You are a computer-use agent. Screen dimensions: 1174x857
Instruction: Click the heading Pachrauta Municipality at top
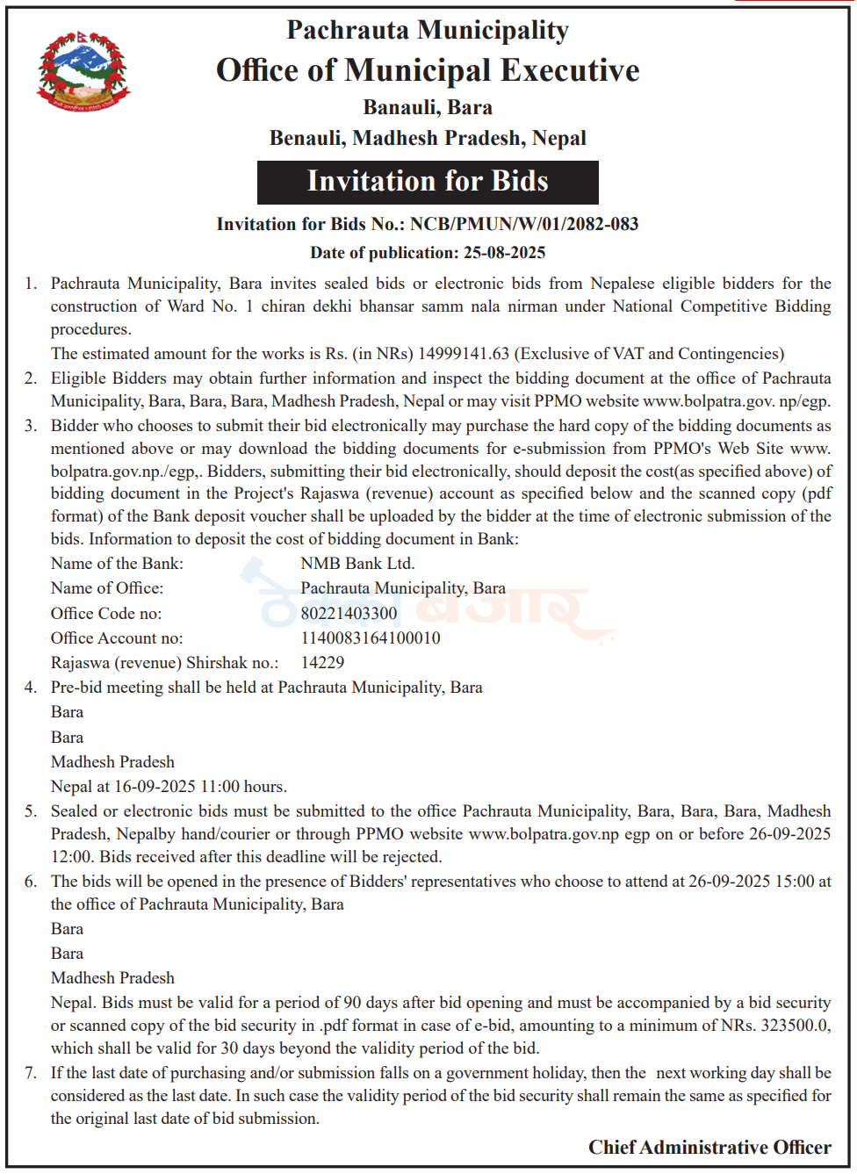[x=428, y=31]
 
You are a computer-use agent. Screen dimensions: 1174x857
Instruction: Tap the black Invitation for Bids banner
[x=428, y=182]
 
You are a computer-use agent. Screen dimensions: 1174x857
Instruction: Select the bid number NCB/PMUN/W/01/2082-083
[x=524, y=224]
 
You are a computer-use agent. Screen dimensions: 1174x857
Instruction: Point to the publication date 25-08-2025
[x=504, y=253]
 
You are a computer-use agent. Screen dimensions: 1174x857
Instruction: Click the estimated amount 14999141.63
[x=464, y=354]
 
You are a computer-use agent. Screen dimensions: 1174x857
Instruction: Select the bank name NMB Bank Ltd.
[x=357, y=564]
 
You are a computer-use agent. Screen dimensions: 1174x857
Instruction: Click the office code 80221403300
[x=349, y=614]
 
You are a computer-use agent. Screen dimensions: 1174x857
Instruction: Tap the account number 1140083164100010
[x=371, y=638]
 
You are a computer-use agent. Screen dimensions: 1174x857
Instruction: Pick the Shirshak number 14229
[x=322, y=663]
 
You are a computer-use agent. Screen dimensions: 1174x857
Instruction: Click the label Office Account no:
[x=117, y=638]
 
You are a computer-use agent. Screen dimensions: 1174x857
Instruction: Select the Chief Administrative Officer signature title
[x=709, y=1148]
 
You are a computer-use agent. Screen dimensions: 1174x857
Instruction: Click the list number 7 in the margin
[x=31, y=1073]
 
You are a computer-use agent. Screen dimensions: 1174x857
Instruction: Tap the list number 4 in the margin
[x=31, y=688]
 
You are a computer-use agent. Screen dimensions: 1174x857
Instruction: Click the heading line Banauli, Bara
[x=428, y=108]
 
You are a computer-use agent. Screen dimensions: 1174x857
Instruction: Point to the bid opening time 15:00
[x=795, y=882]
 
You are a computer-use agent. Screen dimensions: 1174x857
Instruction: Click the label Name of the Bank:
[x=117, y=564]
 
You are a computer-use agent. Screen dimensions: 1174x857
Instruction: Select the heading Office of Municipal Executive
[x=428, y=70]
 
